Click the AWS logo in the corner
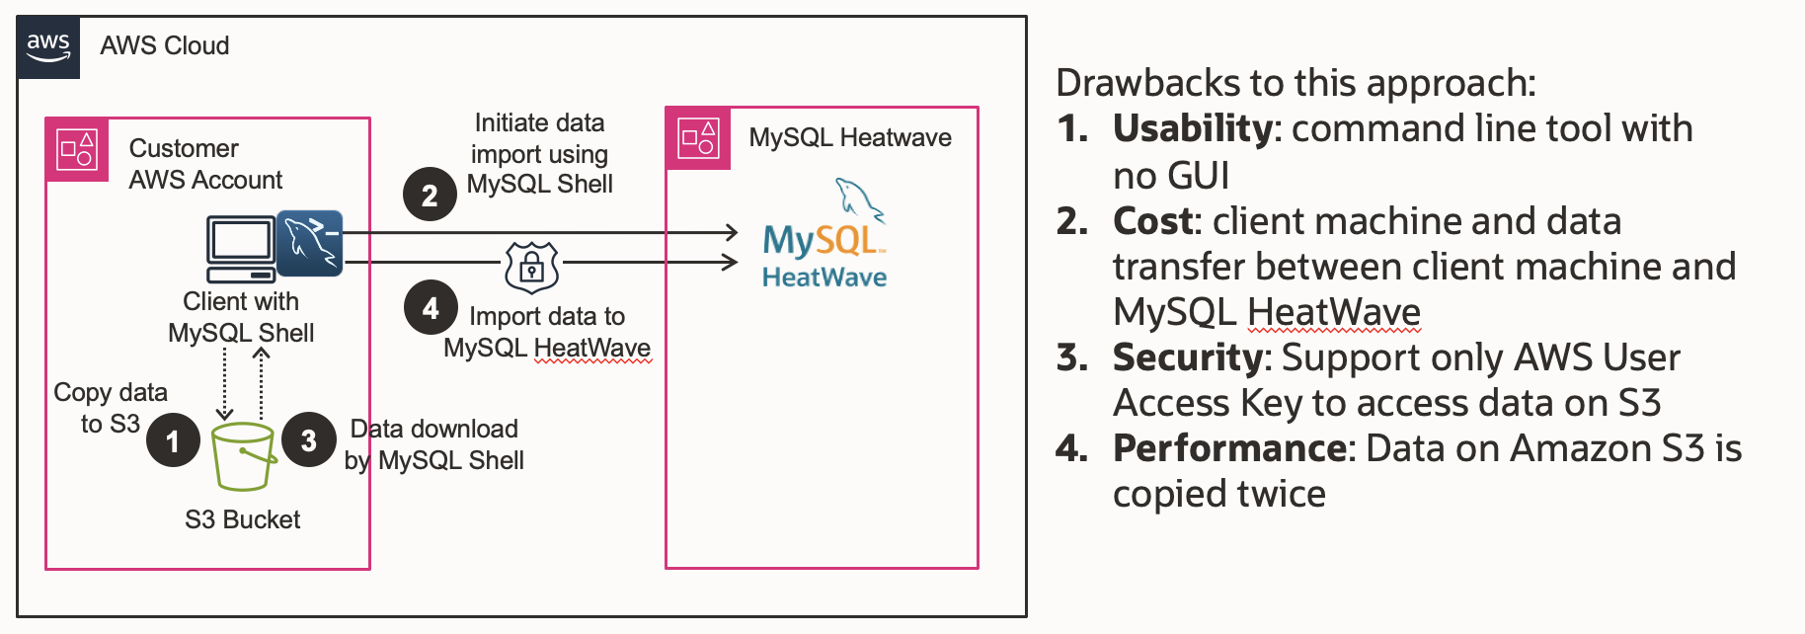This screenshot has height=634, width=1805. click(47, 46)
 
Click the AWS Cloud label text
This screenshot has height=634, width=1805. click(164, 45)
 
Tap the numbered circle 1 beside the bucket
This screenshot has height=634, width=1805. click(173, 440)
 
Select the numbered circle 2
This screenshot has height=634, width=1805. click(430, 195)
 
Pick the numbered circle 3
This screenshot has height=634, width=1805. click(309, 439)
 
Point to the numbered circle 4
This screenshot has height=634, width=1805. click(431, 308)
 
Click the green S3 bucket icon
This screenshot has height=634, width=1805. click(243, 456)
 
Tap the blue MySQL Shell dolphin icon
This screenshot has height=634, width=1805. click(309, 243)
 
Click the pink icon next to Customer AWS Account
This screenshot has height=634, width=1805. click(77, 150)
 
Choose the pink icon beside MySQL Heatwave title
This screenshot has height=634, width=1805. click(698, 138)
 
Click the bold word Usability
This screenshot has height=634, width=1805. click(1192, 128)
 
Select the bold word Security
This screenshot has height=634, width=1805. click(1187, 357)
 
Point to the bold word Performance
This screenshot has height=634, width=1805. click(1229, 448)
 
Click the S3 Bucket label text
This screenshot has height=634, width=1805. click(242, 519)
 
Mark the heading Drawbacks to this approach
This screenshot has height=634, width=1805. click(1295, 83)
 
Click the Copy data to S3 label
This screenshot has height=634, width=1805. click(111, 408)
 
